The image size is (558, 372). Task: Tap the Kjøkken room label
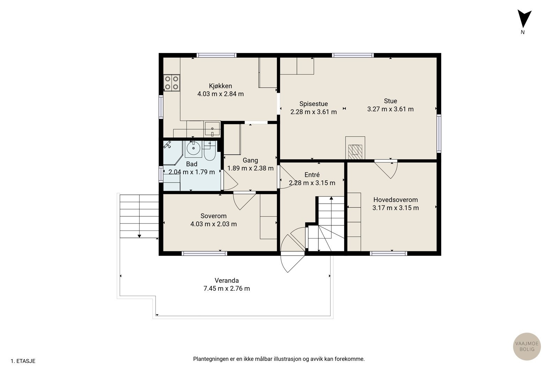pos(220,86)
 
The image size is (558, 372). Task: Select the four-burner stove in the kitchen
pos(172,83)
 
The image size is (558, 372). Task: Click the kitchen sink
pos(212,129)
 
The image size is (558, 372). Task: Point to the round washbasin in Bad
pos(193,149)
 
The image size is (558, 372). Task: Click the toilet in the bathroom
pos(210,151)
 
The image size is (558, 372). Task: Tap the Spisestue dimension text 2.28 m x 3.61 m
pos(314,112)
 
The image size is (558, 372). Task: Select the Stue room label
pos(390,101)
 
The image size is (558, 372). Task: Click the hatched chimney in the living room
pos(355,152)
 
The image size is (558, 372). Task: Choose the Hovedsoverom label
pos(395,200)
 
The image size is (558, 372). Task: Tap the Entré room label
pos(312,175)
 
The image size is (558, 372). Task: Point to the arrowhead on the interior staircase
pos(331,198)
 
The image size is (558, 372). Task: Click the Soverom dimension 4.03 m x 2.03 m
pos(213,224)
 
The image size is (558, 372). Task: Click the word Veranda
pos(227,280)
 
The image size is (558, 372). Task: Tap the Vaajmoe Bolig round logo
pos(527,346)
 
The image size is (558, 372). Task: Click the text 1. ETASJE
pos(23,361)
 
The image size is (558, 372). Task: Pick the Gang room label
pos(250,160)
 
